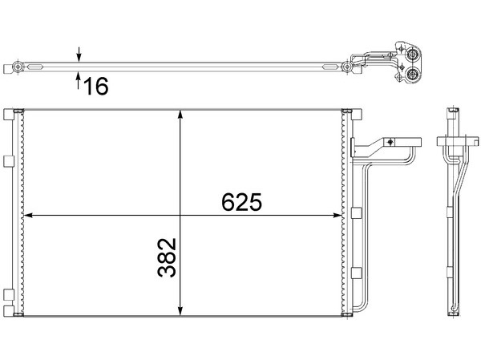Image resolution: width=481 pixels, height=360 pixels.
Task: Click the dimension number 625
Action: (242, 202)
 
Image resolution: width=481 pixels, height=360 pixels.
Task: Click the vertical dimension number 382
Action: (168, 257)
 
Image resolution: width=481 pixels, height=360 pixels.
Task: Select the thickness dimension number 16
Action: (96, 86)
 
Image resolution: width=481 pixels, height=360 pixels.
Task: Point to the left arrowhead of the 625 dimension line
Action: (28, 216)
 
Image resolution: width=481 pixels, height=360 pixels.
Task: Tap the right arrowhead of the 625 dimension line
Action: (338, 216)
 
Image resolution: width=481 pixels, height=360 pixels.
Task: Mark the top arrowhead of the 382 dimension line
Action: (180, 114)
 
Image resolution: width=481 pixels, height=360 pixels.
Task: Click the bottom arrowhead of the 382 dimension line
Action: (180, 311)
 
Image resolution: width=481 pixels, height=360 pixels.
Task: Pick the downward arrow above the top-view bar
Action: (79, 55)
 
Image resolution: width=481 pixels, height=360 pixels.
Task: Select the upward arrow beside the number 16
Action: (79, 80)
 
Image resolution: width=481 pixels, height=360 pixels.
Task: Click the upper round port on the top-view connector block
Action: (412, 55)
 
